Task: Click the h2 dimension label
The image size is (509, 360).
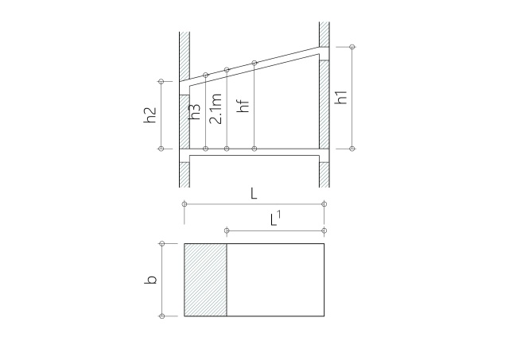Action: [150, 114]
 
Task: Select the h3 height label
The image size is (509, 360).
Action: [195, 111]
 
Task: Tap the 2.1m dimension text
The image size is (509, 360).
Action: [216, 109]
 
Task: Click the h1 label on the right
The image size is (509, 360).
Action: [341, 97]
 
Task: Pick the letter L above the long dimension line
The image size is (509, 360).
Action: [254, 194]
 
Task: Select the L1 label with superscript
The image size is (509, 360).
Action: [275, 218]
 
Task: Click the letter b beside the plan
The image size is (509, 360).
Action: [150, 280]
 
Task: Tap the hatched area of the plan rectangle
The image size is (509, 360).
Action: [205, 280]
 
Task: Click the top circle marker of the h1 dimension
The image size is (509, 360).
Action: [352, 47]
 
